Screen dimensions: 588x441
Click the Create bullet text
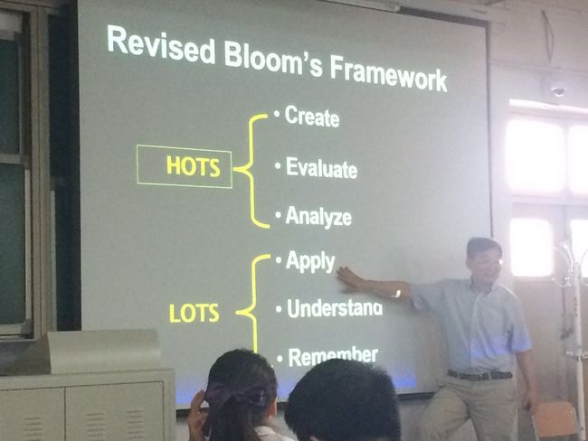[x=312, y=117]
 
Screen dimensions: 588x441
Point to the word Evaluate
[x=321, y=167]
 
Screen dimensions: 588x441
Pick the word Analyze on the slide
[x=318, y=217]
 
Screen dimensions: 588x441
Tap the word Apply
[x=310, y=261]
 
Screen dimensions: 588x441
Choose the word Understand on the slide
[x=335, y=308]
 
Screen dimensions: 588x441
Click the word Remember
[x=333, y=357]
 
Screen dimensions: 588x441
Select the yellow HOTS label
[x=193, y=166]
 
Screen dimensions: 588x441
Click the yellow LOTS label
[x=194, y=313]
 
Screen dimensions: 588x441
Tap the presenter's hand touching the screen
[x=350, y=279]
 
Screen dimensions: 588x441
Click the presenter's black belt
[x=479, y=374]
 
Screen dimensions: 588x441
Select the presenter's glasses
[x=489, y=263]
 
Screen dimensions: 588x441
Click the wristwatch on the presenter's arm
[x=397, y=294]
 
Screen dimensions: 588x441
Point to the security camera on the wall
[x=557, y=90]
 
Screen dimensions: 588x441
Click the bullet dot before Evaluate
[x=278, y=164]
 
